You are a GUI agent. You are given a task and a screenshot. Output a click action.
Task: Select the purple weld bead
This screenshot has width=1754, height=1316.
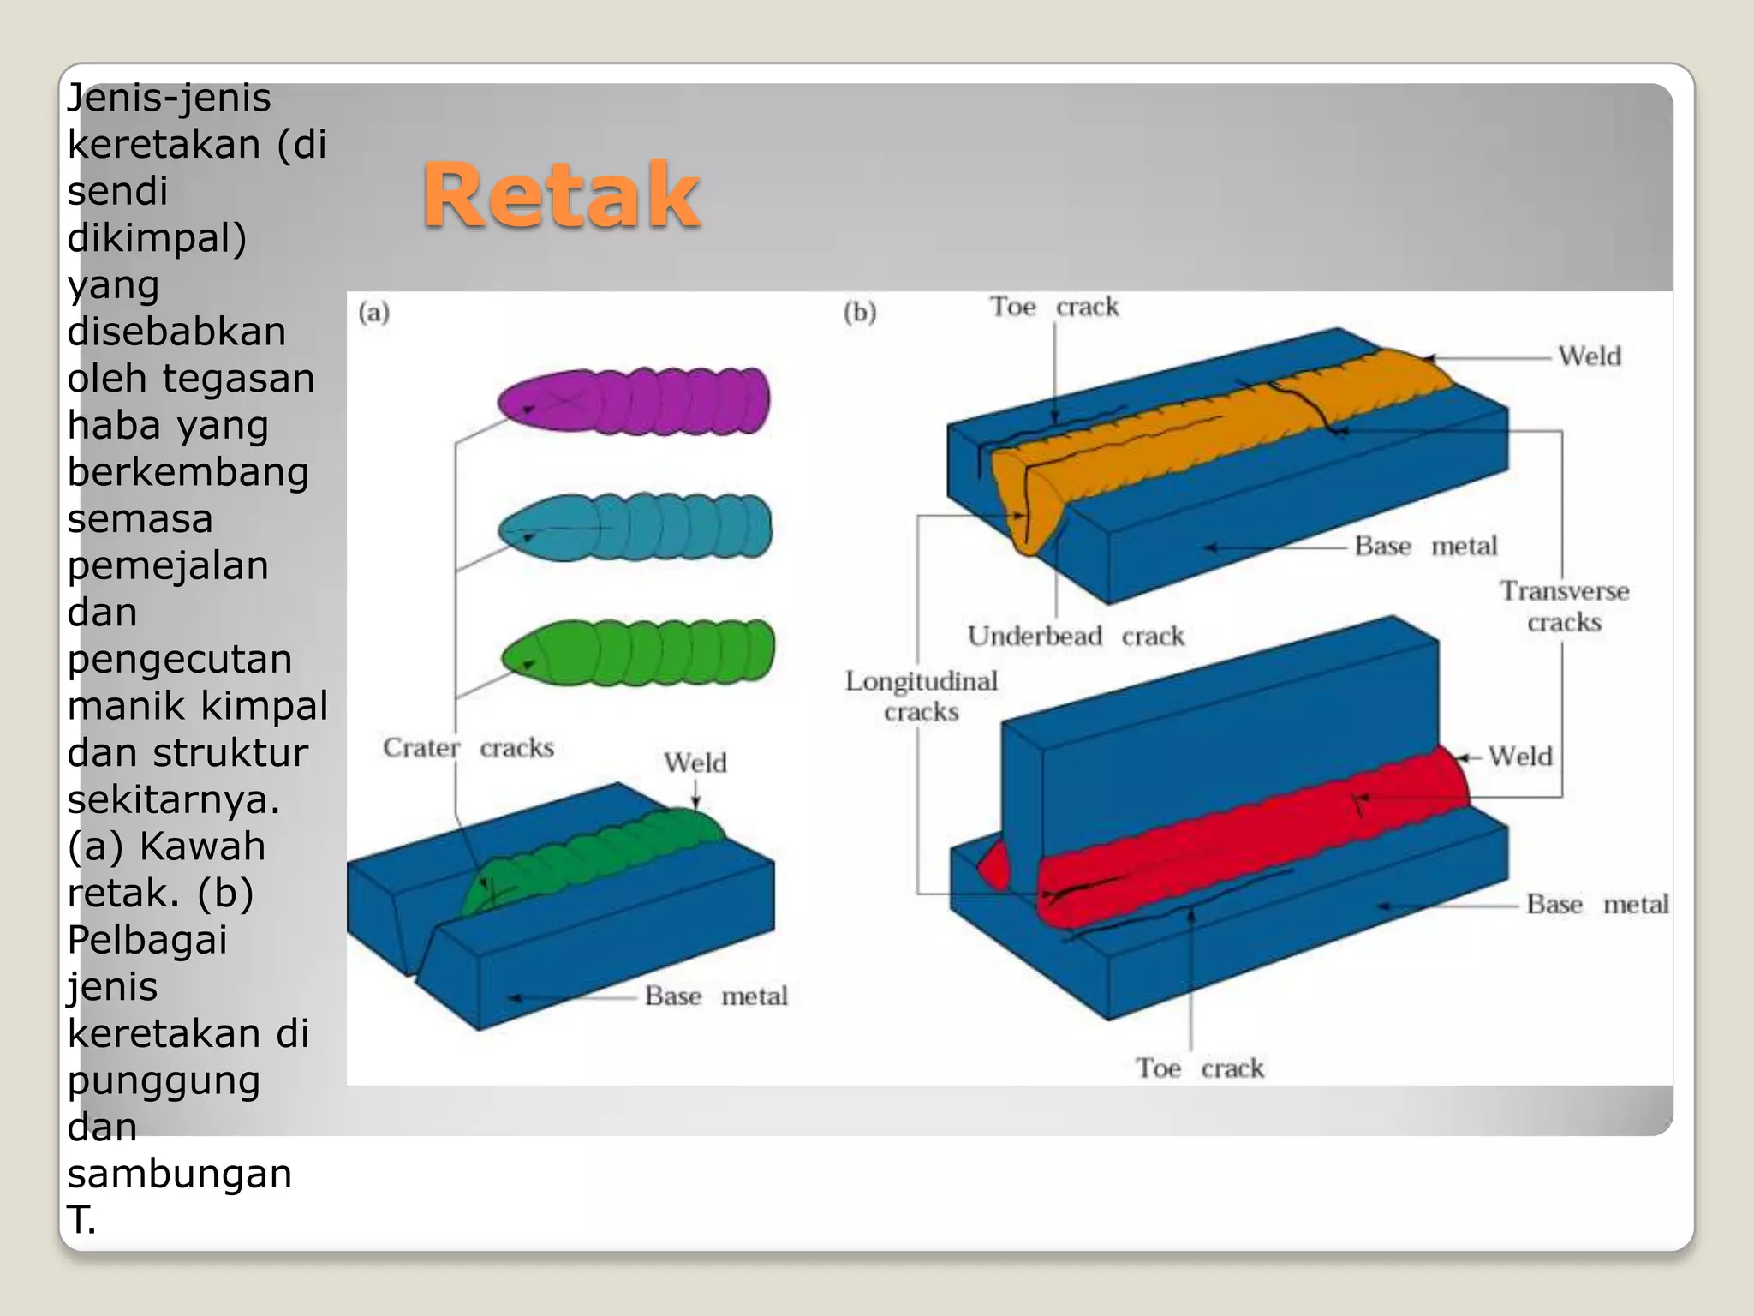634,401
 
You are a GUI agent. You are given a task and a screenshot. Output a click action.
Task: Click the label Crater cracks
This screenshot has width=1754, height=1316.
468,748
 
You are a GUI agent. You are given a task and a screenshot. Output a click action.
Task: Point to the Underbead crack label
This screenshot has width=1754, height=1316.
1076,637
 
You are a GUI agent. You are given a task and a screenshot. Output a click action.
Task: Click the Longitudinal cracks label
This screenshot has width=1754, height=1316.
922,696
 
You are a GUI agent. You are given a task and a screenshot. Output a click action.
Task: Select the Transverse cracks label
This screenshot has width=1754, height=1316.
1564,607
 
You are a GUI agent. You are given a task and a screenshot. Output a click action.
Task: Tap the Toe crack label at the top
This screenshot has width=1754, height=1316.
1054,307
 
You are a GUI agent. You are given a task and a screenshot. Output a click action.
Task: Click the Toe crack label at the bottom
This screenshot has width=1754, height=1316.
1200,1068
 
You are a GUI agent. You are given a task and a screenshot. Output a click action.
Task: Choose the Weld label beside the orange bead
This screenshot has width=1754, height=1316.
1590,356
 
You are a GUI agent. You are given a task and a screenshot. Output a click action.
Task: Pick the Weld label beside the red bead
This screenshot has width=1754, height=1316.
1520,757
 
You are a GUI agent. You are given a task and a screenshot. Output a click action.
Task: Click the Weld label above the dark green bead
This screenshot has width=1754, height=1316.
695,763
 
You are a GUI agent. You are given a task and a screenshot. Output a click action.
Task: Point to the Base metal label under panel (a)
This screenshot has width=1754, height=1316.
716,996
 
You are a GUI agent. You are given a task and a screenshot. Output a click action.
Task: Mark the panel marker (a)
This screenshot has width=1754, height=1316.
374,312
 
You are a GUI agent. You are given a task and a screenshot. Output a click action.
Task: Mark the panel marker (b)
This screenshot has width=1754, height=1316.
860,312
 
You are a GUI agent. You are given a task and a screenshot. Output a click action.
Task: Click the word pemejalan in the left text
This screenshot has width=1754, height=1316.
168,565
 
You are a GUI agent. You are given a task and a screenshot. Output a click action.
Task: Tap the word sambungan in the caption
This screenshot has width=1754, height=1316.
180,1174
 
